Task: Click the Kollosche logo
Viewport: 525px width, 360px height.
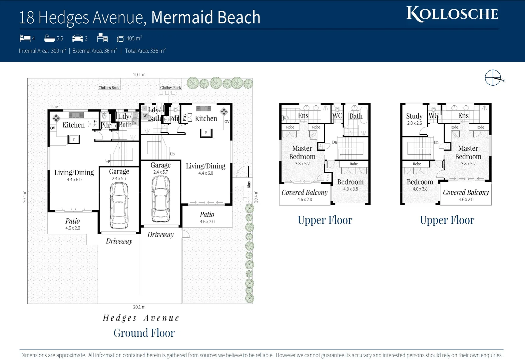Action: [x=452, y=14]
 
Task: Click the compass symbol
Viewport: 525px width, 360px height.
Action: [x=493, y=78]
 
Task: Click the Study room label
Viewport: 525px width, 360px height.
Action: [x=414, y=116]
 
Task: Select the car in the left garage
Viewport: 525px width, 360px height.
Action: [x=119, y=205]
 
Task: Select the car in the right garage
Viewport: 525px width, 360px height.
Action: [x=161, y=199]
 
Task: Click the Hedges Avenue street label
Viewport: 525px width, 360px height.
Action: [x=141, y=318]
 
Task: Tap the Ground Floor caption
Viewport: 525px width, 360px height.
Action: [x=144, y=333]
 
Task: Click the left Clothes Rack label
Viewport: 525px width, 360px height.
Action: [x=109, y=88]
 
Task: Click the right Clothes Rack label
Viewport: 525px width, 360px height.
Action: [x=171, y=88]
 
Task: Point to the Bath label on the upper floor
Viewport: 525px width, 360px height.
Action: [x=356, y=116]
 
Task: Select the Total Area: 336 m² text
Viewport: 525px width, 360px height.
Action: [x=145, y=51]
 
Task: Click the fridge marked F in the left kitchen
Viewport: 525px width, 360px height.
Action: [x=74, y=139]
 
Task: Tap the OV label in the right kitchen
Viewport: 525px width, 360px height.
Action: [x=227, y=122]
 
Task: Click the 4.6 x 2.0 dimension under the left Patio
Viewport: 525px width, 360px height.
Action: [x=73, y=228]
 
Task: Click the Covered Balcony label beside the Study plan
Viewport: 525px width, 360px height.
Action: [x=466, y=192]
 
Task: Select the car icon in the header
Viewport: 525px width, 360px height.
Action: [x=77, y=38]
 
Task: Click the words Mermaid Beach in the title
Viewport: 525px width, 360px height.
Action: [x=206, y=17]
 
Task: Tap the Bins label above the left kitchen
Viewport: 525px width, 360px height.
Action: [x=55, y=107]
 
